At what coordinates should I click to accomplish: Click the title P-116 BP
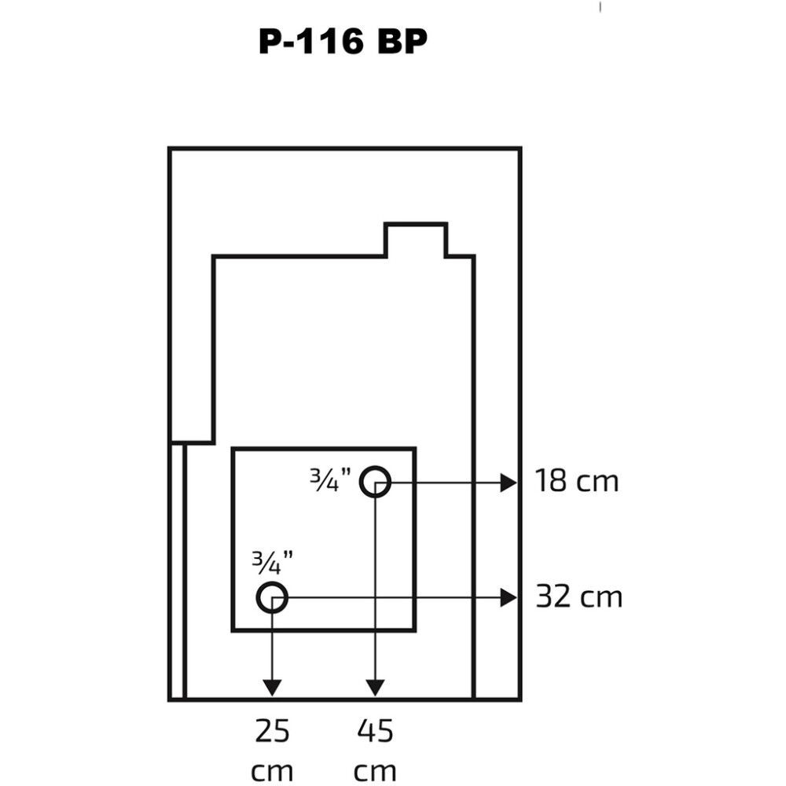pos(343,42)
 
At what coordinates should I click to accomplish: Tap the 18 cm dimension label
pos(576,480)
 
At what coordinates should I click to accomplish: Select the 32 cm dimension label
pos(578,597)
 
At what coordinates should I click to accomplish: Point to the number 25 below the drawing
pos(272,732)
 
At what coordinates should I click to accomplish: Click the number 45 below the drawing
pos(375,732)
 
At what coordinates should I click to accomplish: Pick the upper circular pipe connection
pos(376,481)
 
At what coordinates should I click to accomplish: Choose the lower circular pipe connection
pos(272,598)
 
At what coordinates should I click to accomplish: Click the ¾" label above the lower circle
pos(272,560)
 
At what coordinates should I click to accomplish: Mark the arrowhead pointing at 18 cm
pos(509,483)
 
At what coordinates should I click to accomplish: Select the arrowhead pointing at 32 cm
pos(509,599)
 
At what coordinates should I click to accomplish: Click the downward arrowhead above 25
pos(272,686)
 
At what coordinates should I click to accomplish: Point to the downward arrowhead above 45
pos(376,686)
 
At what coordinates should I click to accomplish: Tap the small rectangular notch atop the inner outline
pos(415,240)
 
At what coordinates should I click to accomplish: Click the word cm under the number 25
pos(272,769)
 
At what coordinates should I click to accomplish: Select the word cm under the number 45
pos(375,769)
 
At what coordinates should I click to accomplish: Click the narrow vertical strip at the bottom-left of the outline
pos(178,570)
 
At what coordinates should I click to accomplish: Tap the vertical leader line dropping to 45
pos(376,582)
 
